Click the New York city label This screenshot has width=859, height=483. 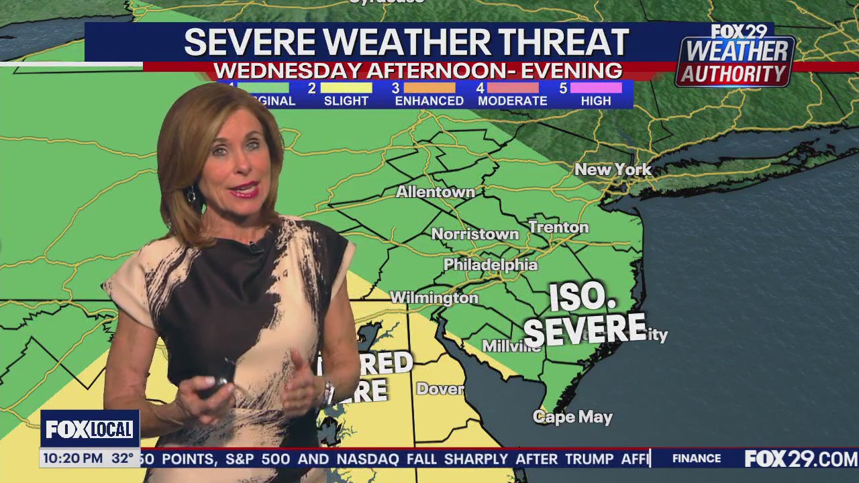point(613,170)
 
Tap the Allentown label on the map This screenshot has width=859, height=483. point(435,193)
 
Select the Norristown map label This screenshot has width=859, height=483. point(474,235)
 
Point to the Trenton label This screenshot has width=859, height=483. point(558,227)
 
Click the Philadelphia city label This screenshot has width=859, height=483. point(490,265)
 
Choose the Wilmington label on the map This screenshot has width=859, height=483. point(434,297)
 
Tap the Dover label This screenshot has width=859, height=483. point(440,389)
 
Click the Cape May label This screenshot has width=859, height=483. point(572,417)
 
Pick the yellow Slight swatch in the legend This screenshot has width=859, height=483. point(346,88)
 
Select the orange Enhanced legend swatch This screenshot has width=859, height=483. point(429,88)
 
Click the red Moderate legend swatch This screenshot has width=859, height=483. point(513,88)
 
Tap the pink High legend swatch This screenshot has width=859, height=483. point(596,88)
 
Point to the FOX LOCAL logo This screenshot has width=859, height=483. point(89,429)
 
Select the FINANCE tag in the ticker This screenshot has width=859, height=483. point(697,459)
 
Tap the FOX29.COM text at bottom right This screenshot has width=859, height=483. point(801,459)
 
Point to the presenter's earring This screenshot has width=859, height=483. point(191,195)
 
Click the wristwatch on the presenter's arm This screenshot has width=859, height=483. point(327,390)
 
